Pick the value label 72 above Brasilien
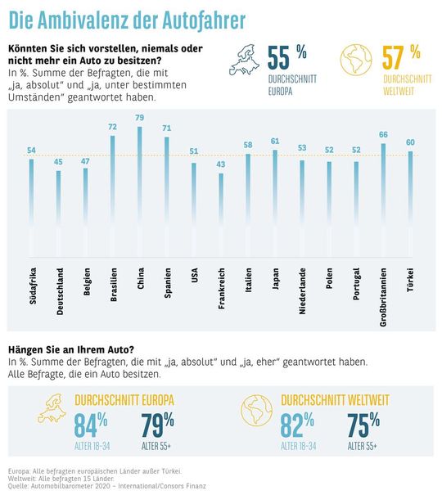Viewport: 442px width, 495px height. pos(113,128)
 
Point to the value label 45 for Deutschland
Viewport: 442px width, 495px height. pos(59,161)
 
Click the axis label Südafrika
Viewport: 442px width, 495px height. pos(32,283)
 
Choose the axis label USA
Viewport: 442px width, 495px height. pos(194,277)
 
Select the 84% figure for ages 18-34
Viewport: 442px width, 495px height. pos(91,425)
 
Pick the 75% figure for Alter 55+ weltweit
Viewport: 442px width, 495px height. pos(363,425)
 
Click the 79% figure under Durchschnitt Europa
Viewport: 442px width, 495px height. pos(158,425)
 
